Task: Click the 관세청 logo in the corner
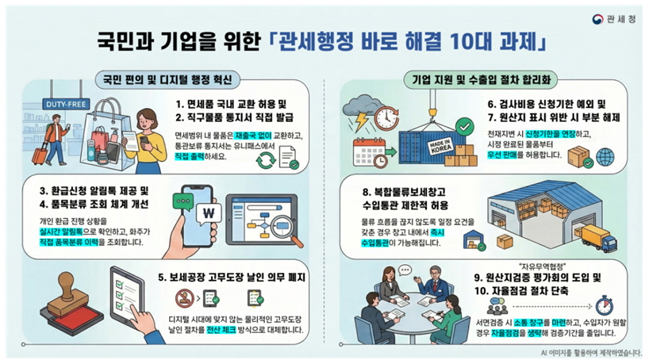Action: pyautogui.click(x=614, y=19)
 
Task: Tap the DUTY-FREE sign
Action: pyautogui.click(x=66, y=105)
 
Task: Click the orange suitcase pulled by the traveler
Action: pyautogui.click(x=40, y=154)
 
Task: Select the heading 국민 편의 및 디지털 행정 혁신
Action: pyautogui.click(x=167, y=79)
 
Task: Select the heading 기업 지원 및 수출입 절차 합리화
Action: pyautogui.click(x=482, y=79)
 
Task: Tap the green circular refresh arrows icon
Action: pyautogui.click(x=266, y=160)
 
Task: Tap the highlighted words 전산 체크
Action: pyautogui.click(x=221, y=330)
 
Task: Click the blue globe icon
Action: pyautogui.click(x=605, y=157)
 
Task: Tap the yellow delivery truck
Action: pyautogui.click(x=596, y=238)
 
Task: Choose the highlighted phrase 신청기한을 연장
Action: pyautogui.click(x=551, y=134)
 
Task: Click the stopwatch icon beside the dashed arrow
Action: pyautogui.click(x=604, y=305)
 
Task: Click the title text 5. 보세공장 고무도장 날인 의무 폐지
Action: pyautogui.click(x=232, y=278)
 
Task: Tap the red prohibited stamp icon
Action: pyautogui.click(x=184, y=299)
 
